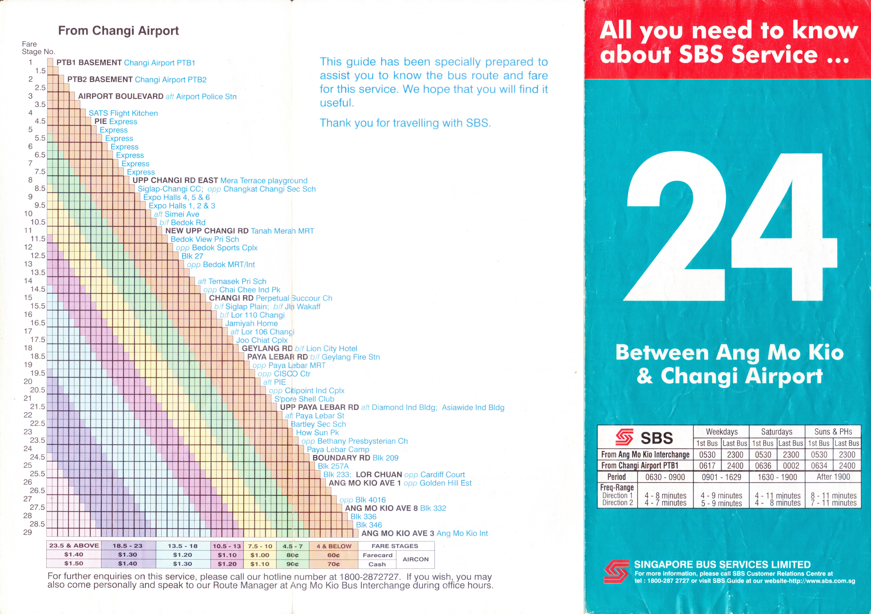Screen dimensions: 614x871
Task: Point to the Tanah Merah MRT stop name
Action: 282,231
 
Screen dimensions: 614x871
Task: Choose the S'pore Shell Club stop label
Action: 304,399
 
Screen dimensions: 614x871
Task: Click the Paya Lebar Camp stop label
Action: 338,449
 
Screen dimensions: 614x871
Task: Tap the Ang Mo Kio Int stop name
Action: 462,533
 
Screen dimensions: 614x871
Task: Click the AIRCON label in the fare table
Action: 415,559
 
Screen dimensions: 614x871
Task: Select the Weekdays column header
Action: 722,432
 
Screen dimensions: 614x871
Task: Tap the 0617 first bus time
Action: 707,466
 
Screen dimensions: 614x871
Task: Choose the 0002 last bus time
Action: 791,466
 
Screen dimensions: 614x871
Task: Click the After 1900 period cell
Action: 833,477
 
